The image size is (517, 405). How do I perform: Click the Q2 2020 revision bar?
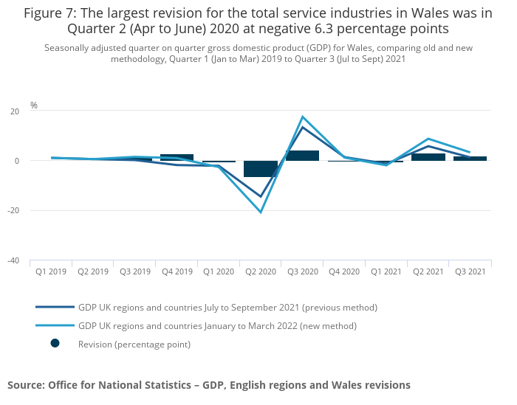(x=261, y=169)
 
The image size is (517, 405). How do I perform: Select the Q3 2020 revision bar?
(x=302, y=156)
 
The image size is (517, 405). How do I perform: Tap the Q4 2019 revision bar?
(x=177, y=157)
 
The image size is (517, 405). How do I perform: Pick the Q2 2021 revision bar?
(x=428, y=157)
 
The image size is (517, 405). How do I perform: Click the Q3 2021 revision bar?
(x=470, y=159)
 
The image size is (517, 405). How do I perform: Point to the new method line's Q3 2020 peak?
(x=302, y=117)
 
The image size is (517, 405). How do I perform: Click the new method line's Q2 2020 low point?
(x=261, y=212)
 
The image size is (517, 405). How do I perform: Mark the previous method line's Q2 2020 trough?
(x=261, y=197)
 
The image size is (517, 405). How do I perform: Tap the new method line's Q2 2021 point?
(x=428, y=139)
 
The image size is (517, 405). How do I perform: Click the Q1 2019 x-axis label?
(x=51, y=271)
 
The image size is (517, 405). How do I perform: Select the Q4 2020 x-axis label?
(x=344, y=271)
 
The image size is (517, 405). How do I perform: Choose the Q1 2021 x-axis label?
(x=386, y=271)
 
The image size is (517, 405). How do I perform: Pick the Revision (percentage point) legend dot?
(x=55, y=344)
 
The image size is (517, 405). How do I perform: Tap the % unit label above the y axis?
(x=34, y=105)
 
